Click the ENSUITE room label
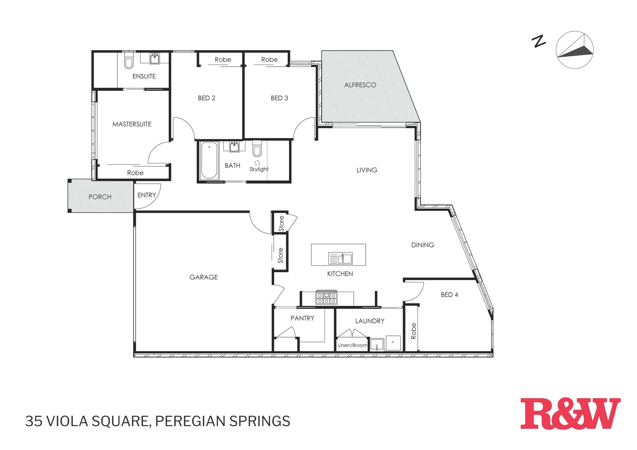tap(144, 76)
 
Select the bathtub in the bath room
tap(209, 160)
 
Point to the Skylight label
tap(259, 169)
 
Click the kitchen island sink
tap(340, 258)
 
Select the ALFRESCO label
tap(360, 85)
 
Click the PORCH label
tap(100, 197)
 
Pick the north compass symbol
tap(575, 50)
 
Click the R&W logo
tap(570, 414)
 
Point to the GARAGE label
tap(204, 277)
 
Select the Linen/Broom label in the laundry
tap(352, 345)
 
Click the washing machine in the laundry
tap(392, 342)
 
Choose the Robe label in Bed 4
tap(413, 331)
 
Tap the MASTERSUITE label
tap(132, 124)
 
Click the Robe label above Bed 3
tap(269, 60)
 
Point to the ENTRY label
tap(147, 195)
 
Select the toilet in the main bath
tap(257, 149)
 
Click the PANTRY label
tap(302, 318)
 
